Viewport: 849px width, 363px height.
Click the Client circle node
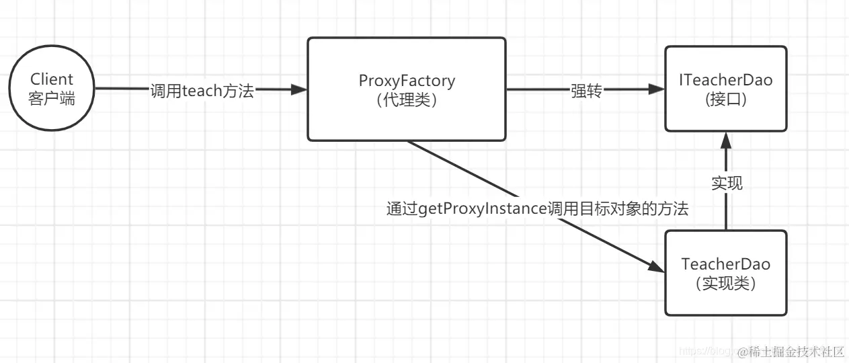coord(51,89)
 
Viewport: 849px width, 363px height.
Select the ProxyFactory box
coord(406,89)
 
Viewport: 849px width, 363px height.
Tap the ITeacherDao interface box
coord(725,89)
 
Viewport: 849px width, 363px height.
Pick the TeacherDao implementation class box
coord(725,273)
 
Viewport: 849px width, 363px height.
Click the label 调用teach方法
coord(202,90)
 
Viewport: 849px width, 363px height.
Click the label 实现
coord(726,182)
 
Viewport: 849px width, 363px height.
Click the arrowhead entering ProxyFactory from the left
coord(300,89)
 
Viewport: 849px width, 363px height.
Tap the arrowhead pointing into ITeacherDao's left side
coord(657,89)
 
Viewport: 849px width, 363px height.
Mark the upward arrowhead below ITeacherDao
coord(725,140)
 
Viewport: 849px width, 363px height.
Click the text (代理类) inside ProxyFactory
coord(406,99)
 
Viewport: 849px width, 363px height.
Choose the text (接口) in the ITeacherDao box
coord(725,99)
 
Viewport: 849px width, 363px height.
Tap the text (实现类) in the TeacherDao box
coord(725,283)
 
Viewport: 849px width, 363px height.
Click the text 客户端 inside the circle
coord(51,99)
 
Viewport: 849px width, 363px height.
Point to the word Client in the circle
coord(51,79)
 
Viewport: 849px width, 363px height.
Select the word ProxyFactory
coord(406,81)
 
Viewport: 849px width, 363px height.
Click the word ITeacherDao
coord(725,81)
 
